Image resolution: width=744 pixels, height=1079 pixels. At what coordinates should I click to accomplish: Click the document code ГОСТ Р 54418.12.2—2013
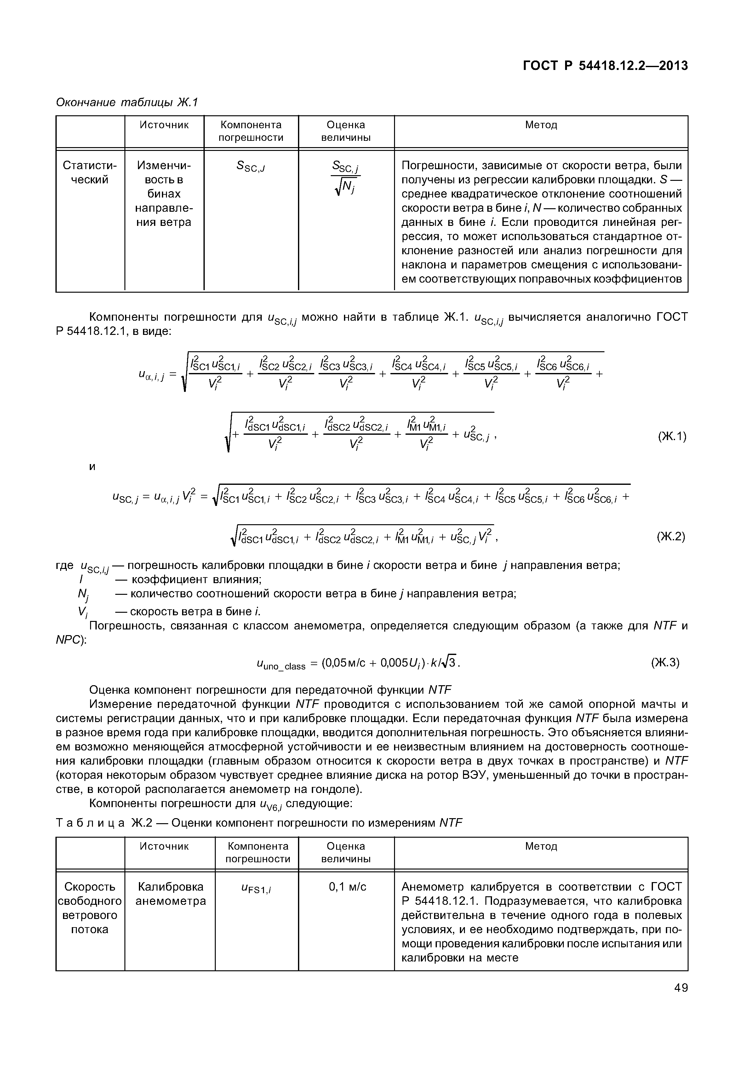click(x=604, y=66)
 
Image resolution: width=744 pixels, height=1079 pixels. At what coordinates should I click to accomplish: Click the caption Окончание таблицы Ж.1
click(x=127, y=102)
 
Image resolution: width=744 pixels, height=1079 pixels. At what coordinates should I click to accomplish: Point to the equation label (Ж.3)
click(x=665, y=662)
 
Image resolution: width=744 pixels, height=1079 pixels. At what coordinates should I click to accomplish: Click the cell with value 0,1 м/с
click(x=347, y=887)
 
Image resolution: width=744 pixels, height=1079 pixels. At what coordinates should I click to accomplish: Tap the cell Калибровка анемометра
click(x=171, y=894)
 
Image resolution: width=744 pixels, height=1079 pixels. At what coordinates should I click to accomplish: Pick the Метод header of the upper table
click(x=541, y=125)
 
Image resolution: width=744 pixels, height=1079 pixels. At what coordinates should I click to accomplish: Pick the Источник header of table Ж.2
click(x=164, y=846)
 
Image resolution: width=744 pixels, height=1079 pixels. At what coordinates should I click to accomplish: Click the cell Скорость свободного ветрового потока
click(x=90, y=908)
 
